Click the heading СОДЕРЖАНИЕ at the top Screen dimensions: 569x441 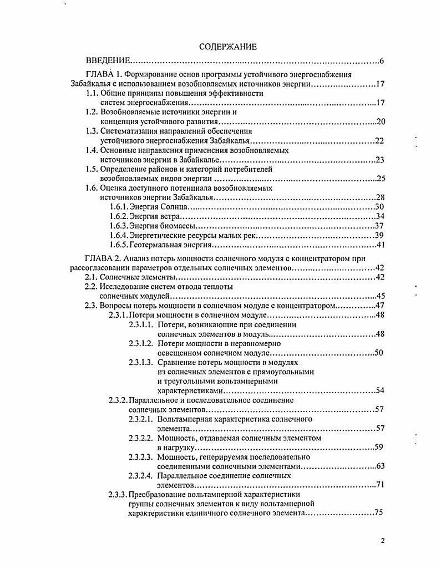coord(227,47)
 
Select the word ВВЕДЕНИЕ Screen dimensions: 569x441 coord(108,60)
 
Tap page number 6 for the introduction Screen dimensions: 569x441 coord(382,60)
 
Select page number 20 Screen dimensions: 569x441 coord(381,122)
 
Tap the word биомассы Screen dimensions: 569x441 coord(179,226)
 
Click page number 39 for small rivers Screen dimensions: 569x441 coord(381,235)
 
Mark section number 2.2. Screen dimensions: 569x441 coord(90,287)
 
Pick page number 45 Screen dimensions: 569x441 coord(381,296)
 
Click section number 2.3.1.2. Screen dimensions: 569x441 coord(140,343)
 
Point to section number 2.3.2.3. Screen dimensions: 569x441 coord(140,457)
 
